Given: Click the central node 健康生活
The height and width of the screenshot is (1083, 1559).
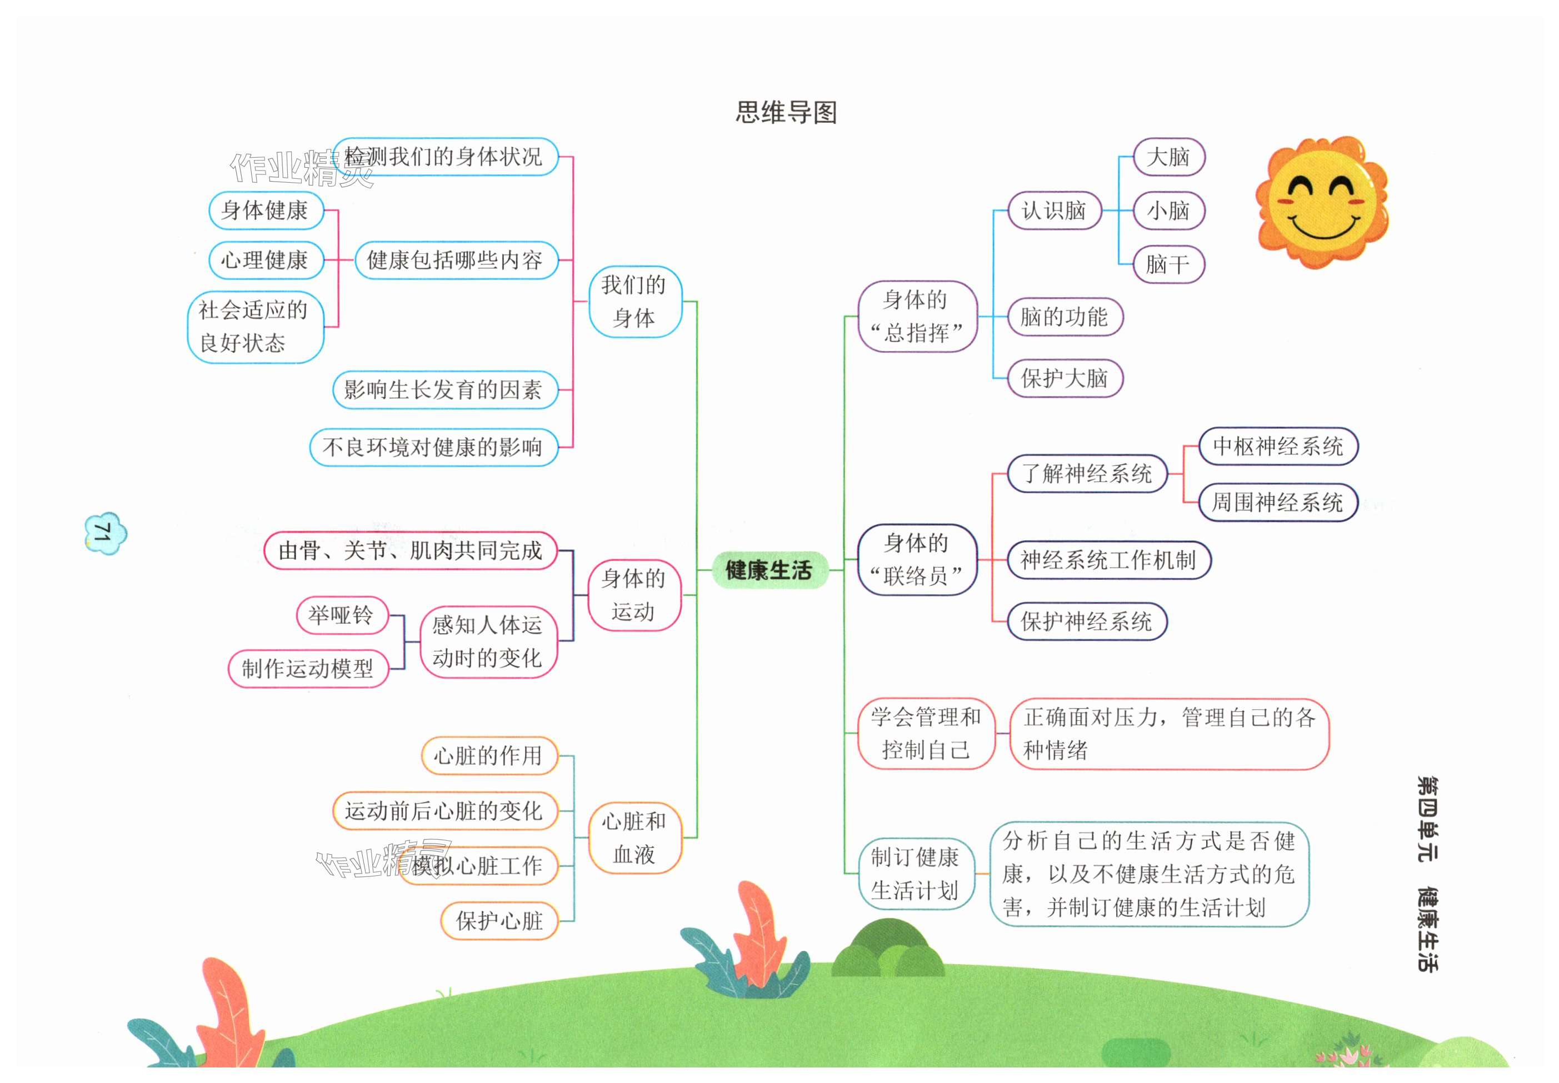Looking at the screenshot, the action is click(768, 570).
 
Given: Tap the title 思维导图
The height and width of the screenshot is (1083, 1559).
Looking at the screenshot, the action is click(786, 113).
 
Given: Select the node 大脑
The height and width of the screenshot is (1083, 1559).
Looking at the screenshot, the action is click(1168, 157).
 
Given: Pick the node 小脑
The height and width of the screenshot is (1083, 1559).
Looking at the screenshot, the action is click(1168, 210).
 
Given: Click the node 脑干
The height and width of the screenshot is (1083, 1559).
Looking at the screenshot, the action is click(1168, 264).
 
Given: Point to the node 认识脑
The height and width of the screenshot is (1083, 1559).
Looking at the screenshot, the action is click(1053, 210).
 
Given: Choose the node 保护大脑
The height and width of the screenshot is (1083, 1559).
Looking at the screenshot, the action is click(1064, 378).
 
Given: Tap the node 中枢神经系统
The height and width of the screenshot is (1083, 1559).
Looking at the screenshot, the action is click(1277, 446).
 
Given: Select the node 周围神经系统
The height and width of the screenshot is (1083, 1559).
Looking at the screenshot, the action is click(1277, 502).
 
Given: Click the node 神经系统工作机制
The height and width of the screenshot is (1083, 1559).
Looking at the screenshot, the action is click(1108, 560).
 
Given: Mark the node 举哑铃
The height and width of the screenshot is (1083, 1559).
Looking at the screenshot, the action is click(341, 615).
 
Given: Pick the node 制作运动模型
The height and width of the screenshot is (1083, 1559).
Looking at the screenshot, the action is click(307, 668).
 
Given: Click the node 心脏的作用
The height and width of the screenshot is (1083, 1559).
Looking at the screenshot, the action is click(489, 755).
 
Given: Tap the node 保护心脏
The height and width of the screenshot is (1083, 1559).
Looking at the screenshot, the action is click(499, 921).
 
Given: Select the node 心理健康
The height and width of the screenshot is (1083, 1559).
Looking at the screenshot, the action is click(264, 260).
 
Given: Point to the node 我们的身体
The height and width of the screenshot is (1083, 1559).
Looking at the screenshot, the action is click(634, 301).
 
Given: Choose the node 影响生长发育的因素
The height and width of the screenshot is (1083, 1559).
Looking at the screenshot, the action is click(444, 389).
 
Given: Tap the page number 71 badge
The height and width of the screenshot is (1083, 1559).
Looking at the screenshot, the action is click(104, 533).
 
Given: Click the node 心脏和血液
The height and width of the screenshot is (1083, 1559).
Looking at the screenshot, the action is click(634, 838).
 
